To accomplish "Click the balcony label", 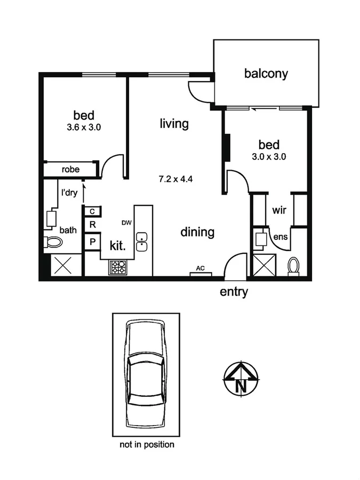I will click(266, 74).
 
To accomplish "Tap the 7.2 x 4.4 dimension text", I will click(175, 179).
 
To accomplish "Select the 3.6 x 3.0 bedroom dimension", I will click(84, 127).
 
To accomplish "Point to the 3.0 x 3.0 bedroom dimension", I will click(269, 157).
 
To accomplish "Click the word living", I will click(174, 124).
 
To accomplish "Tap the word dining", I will click(197, 232).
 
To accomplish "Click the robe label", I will click(70, 170).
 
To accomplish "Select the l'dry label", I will click(69, 193).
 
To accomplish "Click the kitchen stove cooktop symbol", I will click(118, 267).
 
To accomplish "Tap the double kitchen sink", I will click(142, 242).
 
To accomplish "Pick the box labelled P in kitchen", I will click(92, 242).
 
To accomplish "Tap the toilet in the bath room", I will click(54, 242).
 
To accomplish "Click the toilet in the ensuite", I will click(293, 265).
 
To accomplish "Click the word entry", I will click(234, 292).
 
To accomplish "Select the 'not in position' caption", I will click(147, 444).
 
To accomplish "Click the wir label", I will click(279, 211).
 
